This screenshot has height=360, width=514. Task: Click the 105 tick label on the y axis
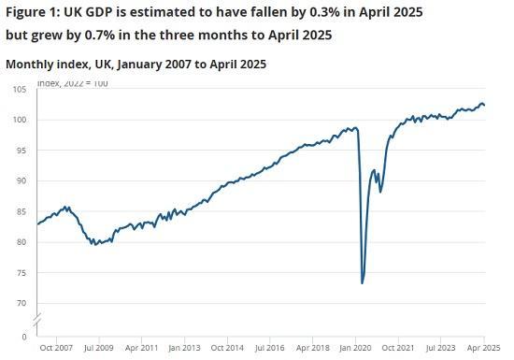pyautogui.click(x=20, y=90)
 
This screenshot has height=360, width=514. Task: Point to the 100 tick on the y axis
pyautogui.click(x=20, y=120)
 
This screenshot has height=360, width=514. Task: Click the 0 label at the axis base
pyautogui.click(x=24, y=335)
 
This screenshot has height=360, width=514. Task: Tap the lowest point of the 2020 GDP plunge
pyautogui.click(x=362, y=282)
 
